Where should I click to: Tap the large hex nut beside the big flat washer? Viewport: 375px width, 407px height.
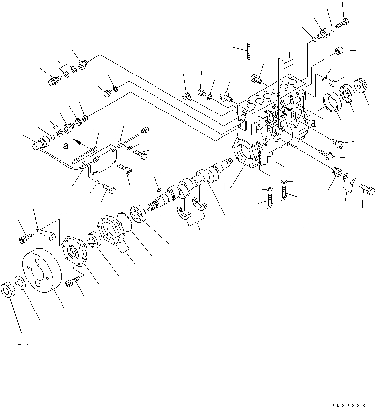pyautogui.click(x=9, y=290)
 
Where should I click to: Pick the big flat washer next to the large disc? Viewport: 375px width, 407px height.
pyautogui.click(x=21, y=283)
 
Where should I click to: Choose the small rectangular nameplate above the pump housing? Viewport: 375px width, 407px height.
pyautogui.click(x=287, y=62)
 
